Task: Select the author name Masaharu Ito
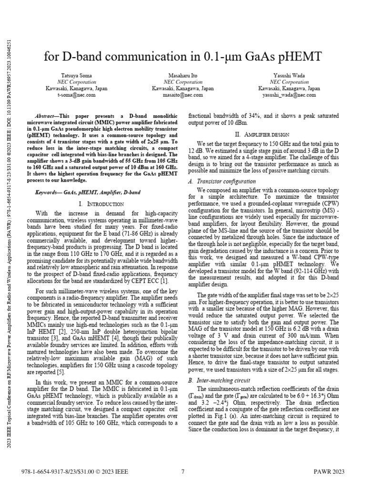(183, 76)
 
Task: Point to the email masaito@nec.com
(183, 95)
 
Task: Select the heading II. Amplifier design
(264, 135)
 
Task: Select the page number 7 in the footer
(183, 472)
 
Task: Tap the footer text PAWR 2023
(328, 472)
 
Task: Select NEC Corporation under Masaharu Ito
(183, 82)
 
